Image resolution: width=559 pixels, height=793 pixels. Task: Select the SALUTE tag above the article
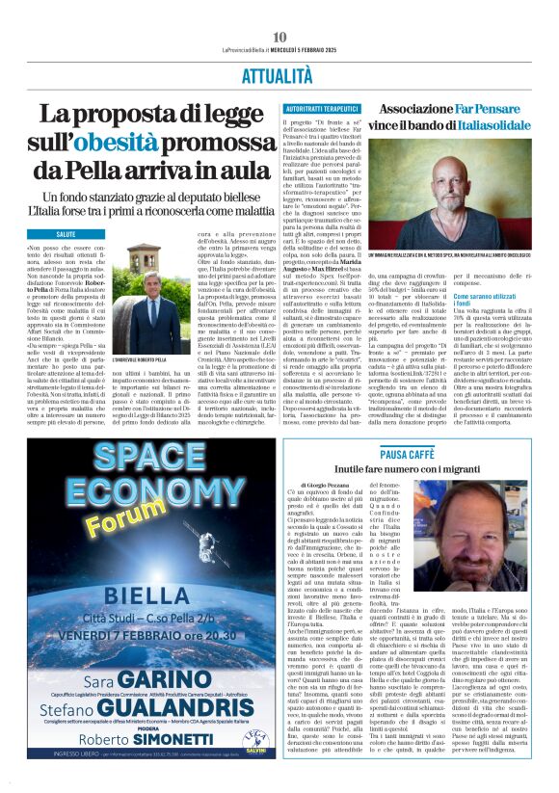click(67, 234)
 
